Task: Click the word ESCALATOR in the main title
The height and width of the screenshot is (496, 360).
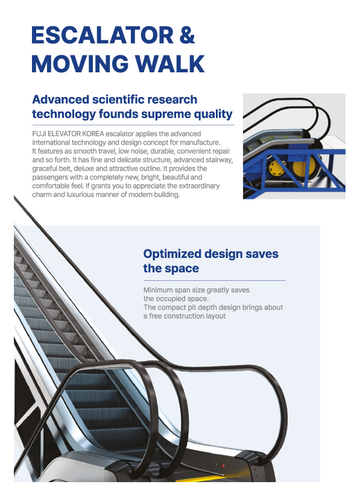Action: point(103,35)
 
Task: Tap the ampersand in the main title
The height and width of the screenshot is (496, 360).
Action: point(187,35)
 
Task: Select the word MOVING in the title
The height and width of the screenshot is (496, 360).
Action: point(80,64)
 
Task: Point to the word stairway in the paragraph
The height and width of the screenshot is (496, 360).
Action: point(219,160)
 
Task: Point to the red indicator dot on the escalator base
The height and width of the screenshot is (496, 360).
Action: point(223,466)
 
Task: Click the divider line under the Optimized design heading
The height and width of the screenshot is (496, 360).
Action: point(215,280)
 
